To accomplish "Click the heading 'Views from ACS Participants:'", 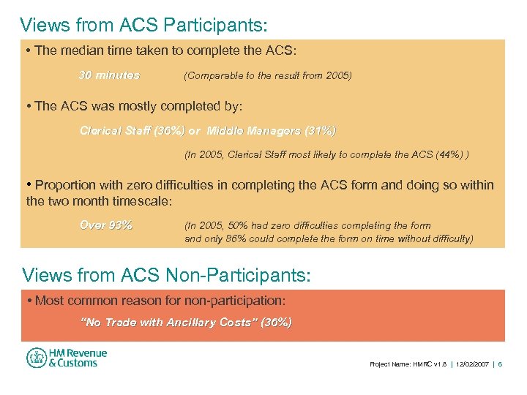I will (x=144, y=25).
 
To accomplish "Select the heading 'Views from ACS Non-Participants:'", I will (x=167, y=275).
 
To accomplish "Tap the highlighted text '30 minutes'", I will (x=109, y=75).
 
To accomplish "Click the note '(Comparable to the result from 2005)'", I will (x=268, y=75).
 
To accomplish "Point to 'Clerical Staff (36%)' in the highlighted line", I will (x=132, y=131).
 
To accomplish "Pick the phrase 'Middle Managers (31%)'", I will (x=272, y=131).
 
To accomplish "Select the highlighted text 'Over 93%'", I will (x=106, y=225).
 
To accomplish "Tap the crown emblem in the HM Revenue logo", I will (x=37, y=358).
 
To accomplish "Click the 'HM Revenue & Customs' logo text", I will (x=78, y=358).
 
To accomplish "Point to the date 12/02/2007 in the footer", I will (x=471, y=364).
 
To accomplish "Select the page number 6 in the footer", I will (x=500, y=364).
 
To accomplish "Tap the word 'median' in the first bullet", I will (x=80, y=50).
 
